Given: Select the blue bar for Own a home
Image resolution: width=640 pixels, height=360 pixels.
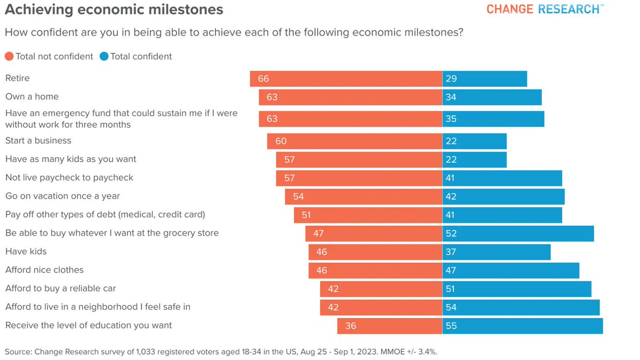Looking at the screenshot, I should (492, 97).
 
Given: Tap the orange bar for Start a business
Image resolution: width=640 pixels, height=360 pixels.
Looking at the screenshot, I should (354, 141).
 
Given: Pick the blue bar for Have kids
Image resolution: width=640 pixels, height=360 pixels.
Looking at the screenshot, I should (496, 252).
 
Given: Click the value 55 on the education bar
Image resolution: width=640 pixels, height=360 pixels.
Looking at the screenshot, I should (451, 325).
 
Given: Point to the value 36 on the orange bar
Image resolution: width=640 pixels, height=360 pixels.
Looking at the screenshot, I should (350, 325).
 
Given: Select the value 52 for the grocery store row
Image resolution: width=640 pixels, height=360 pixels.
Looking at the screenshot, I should (451, 233).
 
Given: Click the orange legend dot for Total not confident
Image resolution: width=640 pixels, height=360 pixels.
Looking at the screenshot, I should (9, 57).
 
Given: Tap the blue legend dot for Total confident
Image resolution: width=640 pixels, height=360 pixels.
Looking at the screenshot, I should (104, 57).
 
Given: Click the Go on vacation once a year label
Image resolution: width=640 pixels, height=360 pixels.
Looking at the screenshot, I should (62, 196).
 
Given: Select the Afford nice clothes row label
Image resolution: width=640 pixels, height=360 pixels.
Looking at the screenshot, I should (44, 270).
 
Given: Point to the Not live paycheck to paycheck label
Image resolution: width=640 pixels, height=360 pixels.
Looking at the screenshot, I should (69, 178).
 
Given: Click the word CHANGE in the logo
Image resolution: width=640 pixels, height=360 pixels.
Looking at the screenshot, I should (509, 10).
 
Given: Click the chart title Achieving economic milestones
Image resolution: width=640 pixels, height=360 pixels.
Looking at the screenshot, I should (114, 10).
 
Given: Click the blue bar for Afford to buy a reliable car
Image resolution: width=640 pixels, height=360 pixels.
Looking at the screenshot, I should (516, 289).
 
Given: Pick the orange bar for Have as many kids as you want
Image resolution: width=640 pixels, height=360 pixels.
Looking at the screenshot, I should (358, 159).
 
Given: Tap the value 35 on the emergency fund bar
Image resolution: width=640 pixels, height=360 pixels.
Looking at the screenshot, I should (451, 119).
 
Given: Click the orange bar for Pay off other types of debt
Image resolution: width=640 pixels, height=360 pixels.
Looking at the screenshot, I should (367, 214).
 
